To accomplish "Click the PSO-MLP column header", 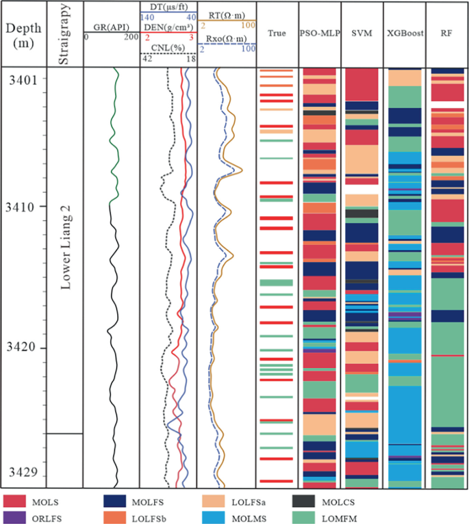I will point(320,33).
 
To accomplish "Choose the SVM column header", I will point(362,33).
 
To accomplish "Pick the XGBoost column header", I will point(404,33).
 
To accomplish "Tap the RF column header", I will point(446,33).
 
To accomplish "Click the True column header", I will point(277,33).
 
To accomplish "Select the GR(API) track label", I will point(111,28).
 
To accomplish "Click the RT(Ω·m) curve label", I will point(226,14).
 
